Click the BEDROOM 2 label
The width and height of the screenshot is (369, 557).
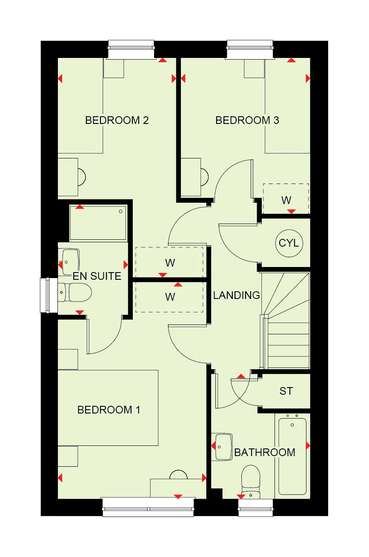117,120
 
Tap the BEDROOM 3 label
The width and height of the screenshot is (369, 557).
247,120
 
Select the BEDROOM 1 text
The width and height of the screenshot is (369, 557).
109,410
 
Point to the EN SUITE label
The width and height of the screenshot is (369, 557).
97,276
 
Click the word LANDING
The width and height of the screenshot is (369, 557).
236,295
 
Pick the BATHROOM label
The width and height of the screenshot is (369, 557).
265,452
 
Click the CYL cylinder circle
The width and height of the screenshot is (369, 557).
289,244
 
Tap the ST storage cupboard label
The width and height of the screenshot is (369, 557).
286,391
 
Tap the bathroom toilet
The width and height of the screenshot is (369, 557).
250,481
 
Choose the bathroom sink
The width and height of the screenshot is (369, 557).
223,447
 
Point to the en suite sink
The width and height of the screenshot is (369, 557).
70,262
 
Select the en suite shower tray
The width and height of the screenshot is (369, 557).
97,222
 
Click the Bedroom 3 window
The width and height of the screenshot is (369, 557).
250,49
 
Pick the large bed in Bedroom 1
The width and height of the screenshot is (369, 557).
108,408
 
